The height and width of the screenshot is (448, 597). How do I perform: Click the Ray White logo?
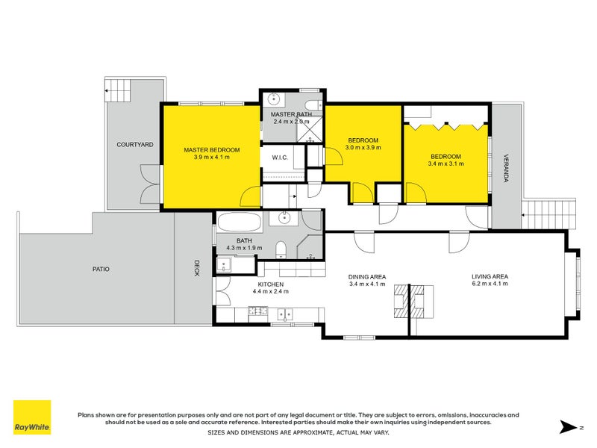pyautogui.click(x=32, y=417)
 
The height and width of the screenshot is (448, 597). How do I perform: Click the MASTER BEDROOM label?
pyautogui.click(x=212, y=150)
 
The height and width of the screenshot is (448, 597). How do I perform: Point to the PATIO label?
pyautogui.click(x=101, y=269)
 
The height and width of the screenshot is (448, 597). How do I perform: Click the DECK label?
pyautogui.click(x=196, y=268)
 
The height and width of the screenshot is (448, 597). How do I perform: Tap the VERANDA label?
pyautogui.click(x=506, y=168)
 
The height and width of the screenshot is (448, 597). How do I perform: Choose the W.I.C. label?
pyautogui.click(x=280, y=158)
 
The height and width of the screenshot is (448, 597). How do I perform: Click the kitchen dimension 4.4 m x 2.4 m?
pyautogui.click(x=271, y=291)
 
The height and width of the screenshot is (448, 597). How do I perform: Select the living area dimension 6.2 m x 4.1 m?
pyautogui.click(x=490, y=284)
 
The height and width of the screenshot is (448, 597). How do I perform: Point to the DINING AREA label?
pyautogui.click(x=367, y=276)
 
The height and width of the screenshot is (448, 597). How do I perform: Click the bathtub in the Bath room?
pyautogui.click(x=240, y=223)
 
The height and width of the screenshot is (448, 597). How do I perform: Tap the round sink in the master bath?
pyautogui.click(x=273, y=99)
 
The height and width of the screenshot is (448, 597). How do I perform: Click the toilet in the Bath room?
pyautogui.click(x=281, y=249)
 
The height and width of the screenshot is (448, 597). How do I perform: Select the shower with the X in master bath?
pyautogui.click(x=310, y=129)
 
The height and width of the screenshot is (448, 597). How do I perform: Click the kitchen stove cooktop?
pyautogui.click(x=258, y=311)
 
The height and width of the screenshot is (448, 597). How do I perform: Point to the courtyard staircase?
pyautogui.click(x=118, y=90)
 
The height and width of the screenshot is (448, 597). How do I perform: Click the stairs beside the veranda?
pyautogui.click(x=548, y=214)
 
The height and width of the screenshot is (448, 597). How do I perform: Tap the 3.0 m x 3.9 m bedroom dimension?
pyautogui.click(x=363, y=147)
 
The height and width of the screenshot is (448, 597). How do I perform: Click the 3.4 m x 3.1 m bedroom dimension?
pyautogui.click(x=446, y=164)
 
